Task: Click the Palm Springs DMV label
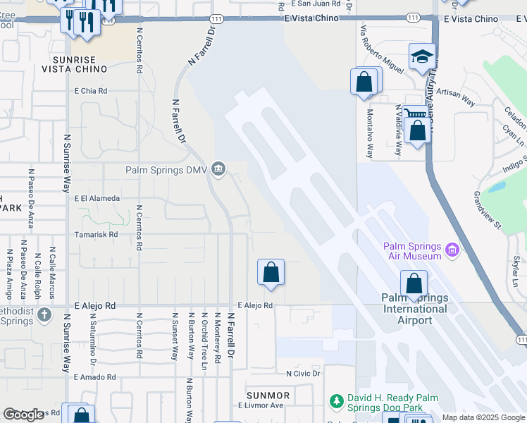[167, 170]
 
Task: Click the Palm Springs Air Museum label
[413, 251]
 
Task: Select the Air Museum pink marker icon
[452, 250]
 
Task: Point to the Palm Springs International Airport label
[416, 309]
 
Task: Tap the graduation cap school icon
[422, 56]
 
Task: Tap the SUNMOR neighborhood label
[268, 395]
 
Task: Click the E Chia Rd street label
[91, 91]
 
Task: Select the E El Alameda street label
[97, 199]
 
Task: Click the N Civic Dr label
[303, 373]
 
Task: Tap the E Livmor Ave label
[260, 405]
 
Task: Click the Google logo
[24, 415]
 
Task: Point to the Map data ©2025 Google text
[483, 417]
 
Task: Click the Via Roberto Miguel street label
[381, 50]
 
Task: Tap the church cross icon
[44, 314]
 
